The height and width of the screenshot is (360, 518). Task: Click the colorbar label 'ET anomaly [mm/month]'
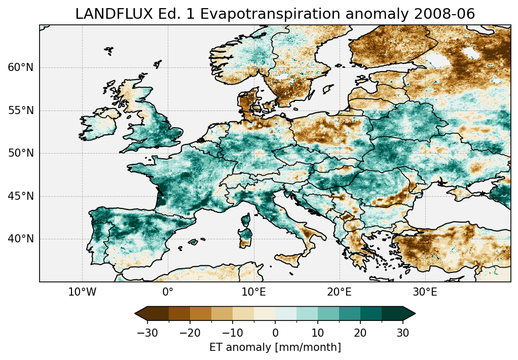(x=275, y=347)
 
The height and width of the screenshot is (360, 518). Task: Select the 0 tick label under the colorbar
(x=275, y=333)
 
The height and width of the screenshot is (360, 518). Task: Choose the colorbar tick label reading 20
(x=360, y=333)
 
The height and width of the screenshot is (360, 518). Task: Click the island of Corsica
(x=247, y=220)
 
